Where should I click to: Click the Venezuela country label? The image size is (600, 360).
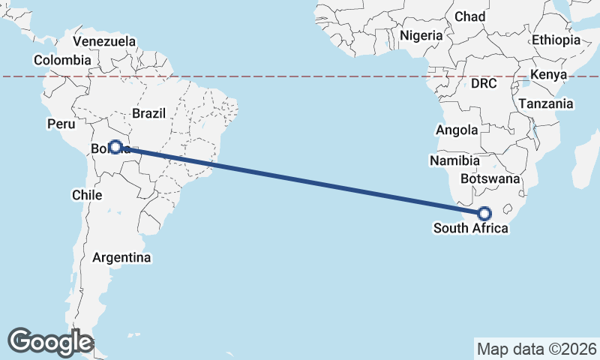105,41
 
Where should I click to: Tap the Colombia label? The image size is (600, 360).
62,60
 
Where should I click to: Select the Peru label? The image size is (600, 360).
61,124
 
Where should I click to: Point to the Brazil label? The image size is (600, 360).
148,113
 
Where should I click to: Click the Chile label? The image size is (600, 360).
86,194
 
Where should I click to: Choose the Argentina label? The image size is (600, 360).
121,257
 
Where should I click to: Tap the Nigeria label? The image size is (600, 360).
421,34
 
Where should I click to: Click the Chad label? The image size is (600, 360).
470,16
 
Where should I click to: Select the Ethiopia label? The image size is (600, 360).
556,40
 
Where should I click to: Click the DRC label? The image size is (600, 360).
484,83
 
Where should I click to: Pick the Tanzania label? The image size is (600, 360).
546,103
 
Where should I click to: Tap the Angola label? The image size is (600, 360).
457,130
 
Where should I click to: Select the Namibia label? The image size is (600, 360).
455,160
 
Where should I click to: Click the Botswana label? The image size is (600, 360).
490,178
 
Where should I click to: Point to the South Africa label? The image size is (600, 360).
470,228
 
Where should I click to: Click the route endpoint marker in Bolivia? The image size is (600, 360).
115,147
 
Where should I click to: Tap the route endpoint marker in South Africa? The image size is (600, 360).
484,213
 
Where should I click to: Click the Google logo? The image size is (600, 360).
50,342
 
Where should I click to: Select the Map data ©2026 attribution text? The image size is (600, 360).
537,349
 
